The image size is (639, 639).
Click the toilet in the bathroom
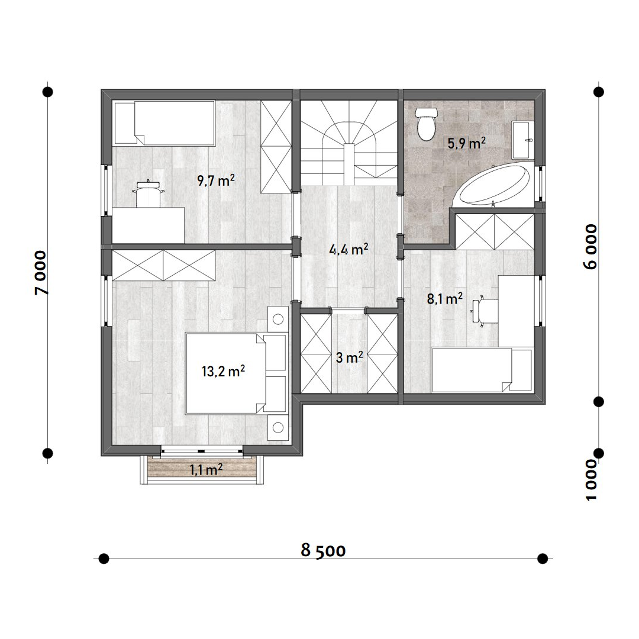426,124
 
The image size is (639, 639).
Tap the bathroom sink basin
522,140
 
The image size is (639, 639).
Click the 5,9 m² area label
467,143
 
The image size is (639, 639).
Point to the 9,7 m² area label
216,180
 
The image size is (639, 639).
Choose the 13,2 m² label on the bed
223,371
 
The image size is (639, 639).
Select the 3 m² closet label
349,358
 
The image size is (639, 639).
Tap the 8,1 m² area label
444,299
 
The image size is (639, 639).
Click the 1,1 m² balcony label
206,470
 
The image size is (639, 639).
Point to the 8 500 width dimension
323,551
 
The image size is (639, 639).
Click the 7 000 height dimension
41,273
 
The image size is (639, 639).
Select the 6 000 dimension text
590,247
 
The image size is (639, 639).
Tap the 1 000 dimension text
590,480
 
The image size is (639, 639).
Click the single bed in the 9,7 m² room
164,123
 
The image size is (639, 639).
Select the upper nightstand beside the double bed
278,319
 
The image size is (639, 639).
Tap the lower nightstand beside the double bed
278,428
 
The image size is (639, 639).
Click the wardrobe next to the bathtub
494,231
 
